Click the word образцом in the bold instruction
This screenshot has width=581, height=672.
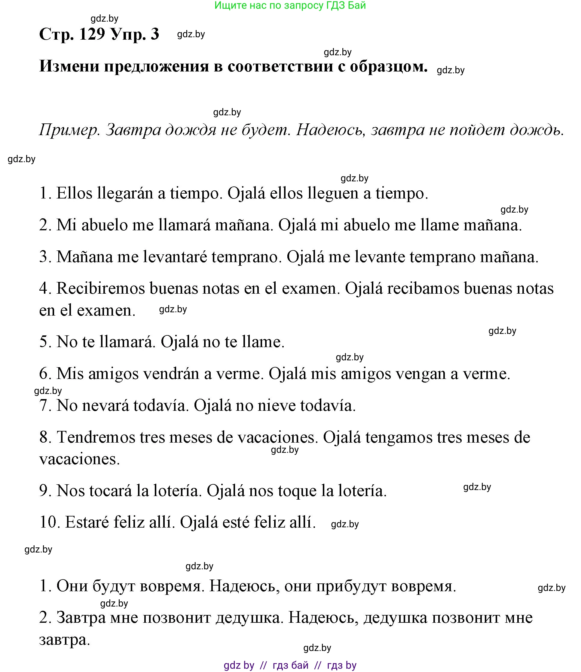point(389,66)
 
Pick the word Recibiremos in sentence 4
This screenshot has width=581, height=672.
point(101,288)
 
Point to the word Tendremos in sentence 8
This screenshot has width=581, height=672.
point(96,437)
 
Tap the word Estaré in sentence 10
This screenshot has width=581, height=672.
point(86,522)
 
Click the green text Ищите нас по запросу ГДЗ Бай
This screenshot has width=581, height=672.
point(290,5)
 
